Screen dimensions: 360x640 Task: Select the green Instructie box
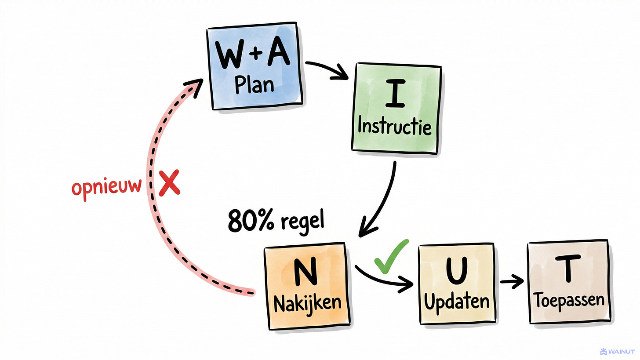395,108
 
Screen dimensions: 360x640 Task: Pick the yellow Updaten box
457,284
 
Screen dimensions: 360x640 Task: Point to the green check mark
390,256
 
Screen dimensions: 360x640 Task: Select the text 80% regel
276,220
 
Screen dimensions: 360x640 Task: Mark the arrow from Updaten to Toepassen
512,281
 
